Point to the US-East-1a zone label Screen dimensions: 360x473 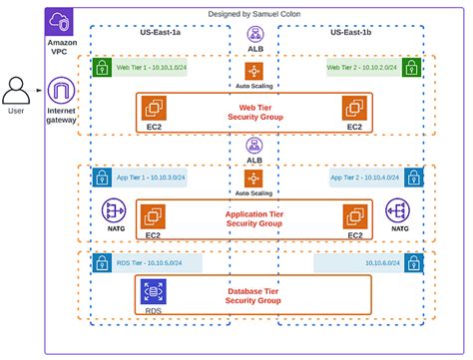[x=160, y=33]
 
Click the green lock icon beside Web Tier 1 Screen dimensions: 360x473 [x=101, y=68]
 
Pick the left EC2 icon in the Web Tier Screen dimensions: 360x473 [x=156, y=108]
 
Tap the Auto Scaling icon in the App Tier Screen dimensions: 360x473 [x=253, y=179]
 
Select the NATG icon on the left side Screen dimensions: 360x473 [x=114, y=211]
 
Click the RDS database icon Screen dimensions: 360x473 [x=155, y=291]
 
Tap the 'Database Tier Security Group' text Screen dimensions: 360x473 [x=254, y=296]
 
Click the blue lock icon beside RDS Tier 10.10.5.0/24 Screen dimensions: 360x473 [x=101, y=263]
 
